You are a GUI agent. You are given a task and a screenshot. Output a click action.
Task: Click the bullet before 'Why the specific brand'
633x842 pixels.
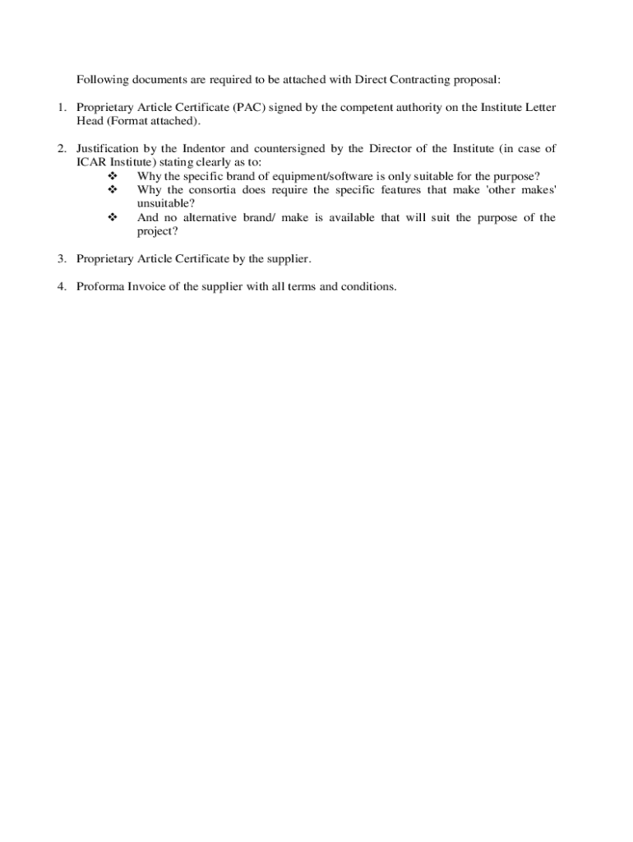click(x=113, y=176)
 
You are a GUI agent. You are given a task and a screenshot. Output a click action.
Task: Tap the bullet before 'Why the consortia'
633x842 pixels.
click(x=113, y=190)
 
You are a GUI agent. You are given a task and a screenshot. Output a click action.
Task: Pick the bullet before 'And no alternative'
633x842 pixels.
click(x=113, y=218)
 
